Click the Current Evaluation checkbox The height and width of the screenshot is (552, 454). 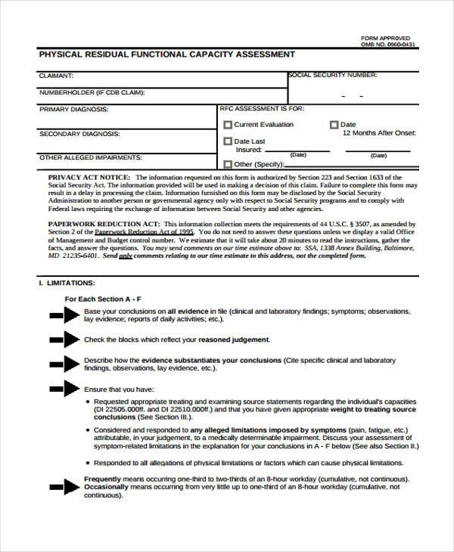point(228,126)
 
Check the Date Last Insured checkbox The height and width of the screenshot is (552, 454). point(228,141)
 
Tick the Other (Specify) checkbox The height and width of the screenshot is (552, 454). point(228,164)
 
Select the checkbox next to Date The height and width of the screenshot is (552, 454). point(334,126)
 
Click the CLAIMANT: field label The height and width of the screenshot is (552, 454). point(56,76)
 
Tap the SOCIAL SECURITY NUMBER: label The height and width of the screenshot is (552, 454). point(332,76)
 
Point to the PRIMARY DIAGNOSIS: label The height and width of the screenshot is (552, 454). point(73,109)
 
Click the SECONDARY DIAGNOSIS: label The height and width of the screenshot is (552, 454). point(79,133)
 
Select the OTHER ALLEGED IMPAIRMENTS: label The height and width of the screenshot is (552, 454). point(90,157)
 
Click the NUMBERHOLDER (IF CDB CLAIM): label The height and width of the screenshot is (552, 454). point(92,92)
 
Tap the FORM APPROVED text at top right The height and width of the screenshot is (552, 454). point(386,37)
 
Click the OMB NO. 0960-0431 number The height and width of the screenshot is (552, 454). point(388,45)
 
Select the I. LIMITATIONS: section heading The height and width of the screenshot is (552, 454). point(67,282)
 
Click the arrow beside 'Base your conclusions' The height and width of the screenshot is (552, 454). point(65,315)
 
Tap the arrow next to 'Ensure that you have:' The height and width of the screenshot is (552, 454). point(65,389)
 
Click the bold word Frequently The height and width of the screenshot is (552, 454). point(102,480)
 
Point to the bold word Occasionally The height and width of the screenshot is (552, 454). point(105,488)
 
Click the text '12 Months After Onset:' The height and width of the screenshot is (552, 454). point(379,132)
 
